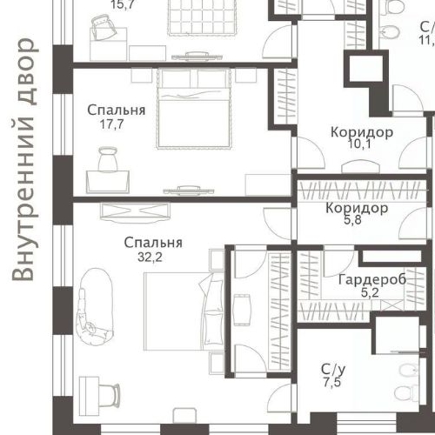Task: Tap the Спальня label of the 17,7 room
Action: (116, 110)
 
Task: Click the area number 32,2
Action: (153, 258)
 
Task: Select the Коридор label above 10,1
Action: (361, 132)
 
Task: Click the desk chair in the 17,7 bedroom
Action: (110, 162)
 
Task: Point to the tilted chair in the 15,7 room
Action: (103, 32)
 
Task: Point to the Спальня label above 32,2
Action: (153, 243)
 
